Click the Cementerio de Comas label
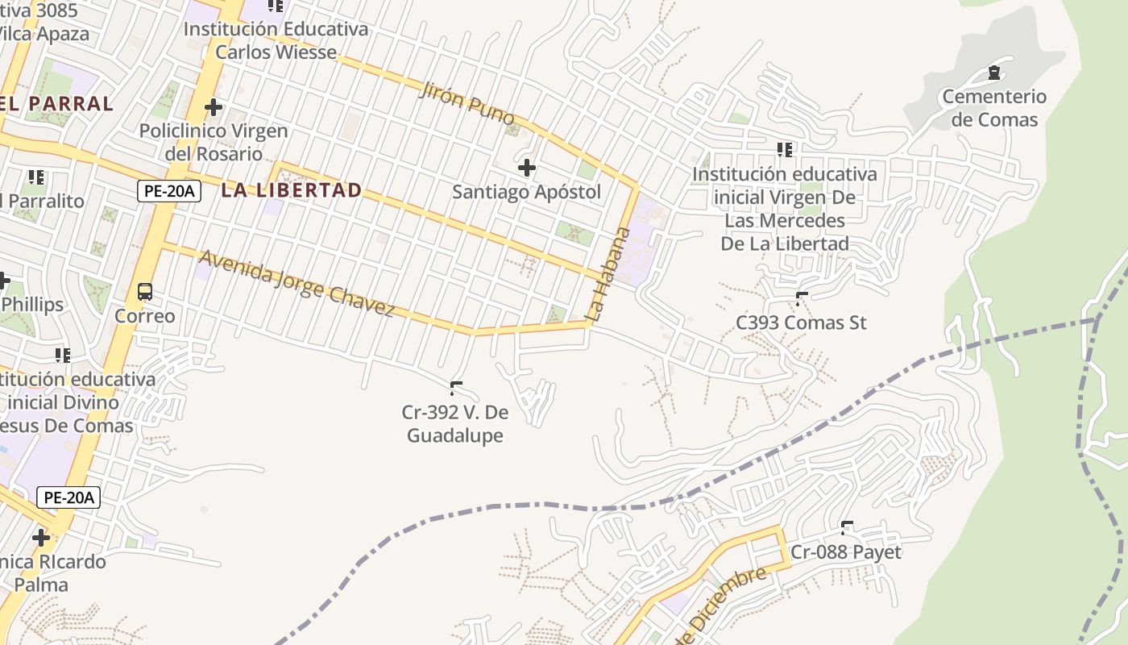pyautogui.click(x=994, y=108)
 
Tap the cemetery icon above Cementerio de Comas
pyautogui.click(x=994, y=73)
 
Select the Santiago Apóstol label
pyautogui.click(x=526, y=192)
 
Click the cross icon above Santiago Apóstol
pyautogui.click(x=527, y=168)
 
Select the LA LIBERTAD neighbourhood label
pyautogui.click(x=292, y=191)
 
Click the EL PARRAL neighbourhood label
pyautogui.click(x=56, y=104)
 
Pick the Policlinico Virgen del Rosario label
pyautogui.click(x=214, y=142)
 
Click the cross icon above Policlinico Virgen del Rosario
pyautogui.click(x=214, y=106)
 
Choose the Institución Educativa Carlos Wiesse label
pyautogui.click(x=276, y=40)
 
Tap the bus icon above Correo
pyautogui.click(x=145, y=292)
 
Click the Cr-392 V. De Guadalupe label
pyautogui.click(x=455, y=424)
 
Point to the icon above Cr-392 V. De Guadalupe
pyautogui.click(x=456, y=389)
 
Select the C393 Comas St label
pyautogui.click(x=801, y=322)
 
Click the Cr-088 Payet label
pyautogui.click(x=846, y=552)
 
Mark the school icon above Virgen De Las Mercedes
pyautogui.click(x=785, y=150)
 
